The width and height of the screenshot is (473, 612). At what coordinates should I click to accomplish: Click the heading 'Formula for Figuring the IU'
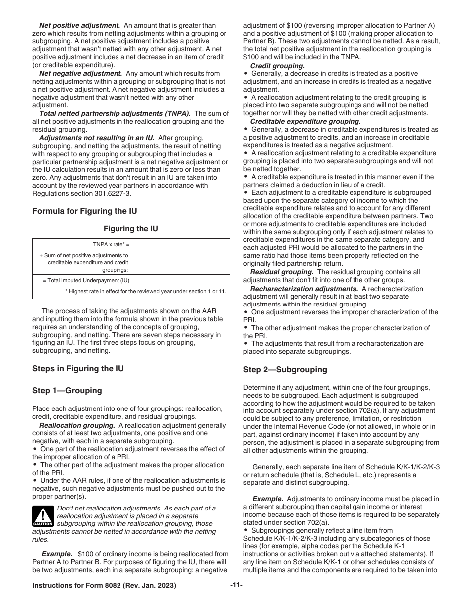(x=85, y=211)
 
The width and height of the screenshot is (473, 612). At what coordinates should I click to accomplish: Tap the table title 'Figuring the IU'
(x=131, y=229)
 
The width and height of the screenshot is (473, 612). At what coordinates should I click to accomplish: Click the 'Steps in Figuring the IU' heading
(x=78, y=368)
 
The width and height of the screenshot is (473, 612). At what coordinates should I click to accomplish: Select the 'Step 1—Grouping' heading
(x=67, y=390)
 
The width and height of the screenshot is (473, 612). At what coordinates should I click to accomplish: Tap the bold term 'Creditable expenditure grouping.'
(x=305, y=121)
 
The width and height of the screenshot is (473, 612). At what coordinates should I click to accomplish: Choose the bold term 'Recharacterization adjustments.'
(x=304, y=289)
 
